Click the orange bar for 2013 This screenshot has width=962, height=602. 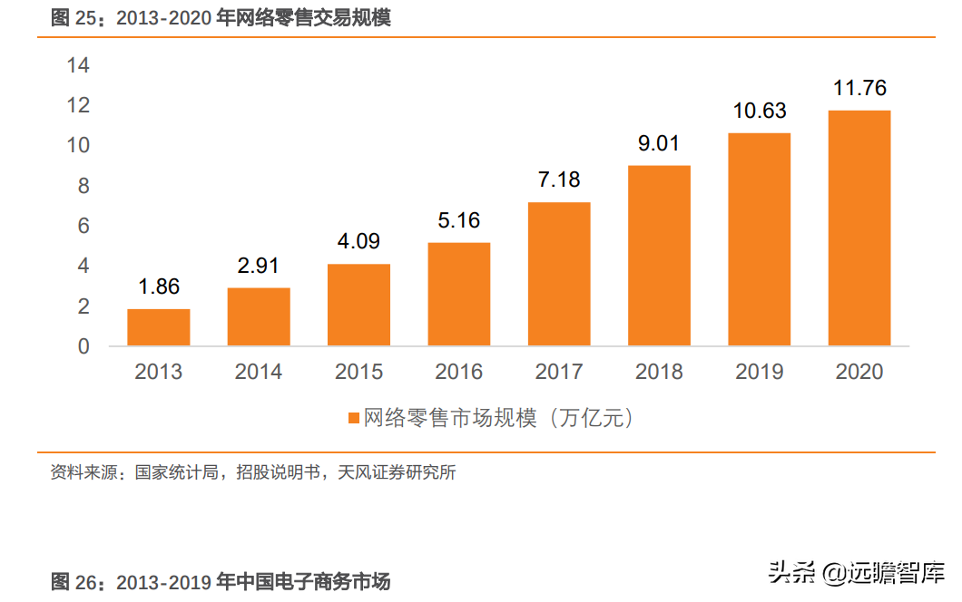point(159,327)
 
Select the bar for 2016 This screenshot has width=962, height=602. point(459,294)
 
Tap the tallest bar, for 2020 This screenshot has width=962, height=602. point(859,228)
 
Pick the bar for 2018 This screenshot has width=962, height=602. point(659,256)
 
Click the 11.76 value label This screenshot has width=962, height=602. point(859,89)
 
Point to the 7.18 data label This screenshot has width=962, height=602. point(559,180)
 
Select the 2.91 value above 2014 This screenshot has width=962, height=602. point(259,266)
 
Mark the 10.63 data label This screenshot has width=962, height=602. point(760,112)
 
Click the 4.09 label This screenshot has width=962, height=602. point(358,242)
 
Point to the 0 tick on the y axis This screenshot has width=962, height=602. point(84,346)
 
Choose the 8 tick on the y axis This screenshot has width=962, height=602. point(84,186)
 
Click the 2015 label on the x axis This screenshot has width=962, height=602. point(358,372)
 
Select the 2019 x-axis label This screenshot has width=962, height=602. point(760,372)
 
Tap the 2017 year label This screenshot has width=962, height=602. point(559,372)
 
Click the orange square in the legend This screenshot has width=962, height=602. point(354,418)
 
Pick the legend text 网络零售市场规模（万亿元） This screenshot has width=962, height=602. point(498,418)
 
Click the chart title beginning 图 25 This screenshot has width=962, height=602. point(221,18)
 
